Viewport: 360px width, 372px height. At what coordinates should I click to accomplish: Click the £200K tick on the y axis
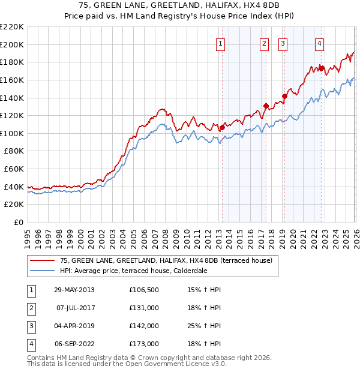click(12, 44)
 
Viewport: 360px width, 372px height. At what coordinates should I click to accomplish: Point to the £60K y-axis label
click(14, 169)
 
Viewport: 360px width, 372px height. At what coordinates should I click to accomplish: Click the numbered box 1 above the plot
click(221, 43)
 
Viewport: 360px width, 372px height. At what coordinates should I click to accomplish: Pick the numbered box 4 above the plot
click(320, 43)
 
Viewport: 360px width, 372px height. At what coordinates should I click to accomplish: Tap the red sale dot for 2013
click(222, 127)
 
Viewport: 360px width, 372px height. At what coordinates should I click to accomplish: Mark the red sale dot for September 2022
click(321, 68)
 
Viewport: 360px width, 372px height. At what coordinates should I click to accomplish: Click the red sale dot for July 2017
click(266, 106)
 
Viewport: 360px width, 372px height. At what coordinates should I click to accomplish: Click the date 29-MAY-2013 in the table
click(74, 290)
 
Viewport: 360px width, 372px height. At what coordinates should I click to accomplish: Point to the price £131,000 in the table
click(144, 308)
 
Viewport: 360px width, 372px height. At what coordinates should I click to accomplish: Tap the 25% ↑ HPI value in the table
click(205, 326)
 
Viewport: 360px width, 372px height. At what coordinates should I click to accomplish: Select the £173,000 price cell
click(144, 344)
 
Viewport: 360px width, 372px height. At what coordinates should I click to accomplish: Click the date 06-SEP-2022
click(74, 344)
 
